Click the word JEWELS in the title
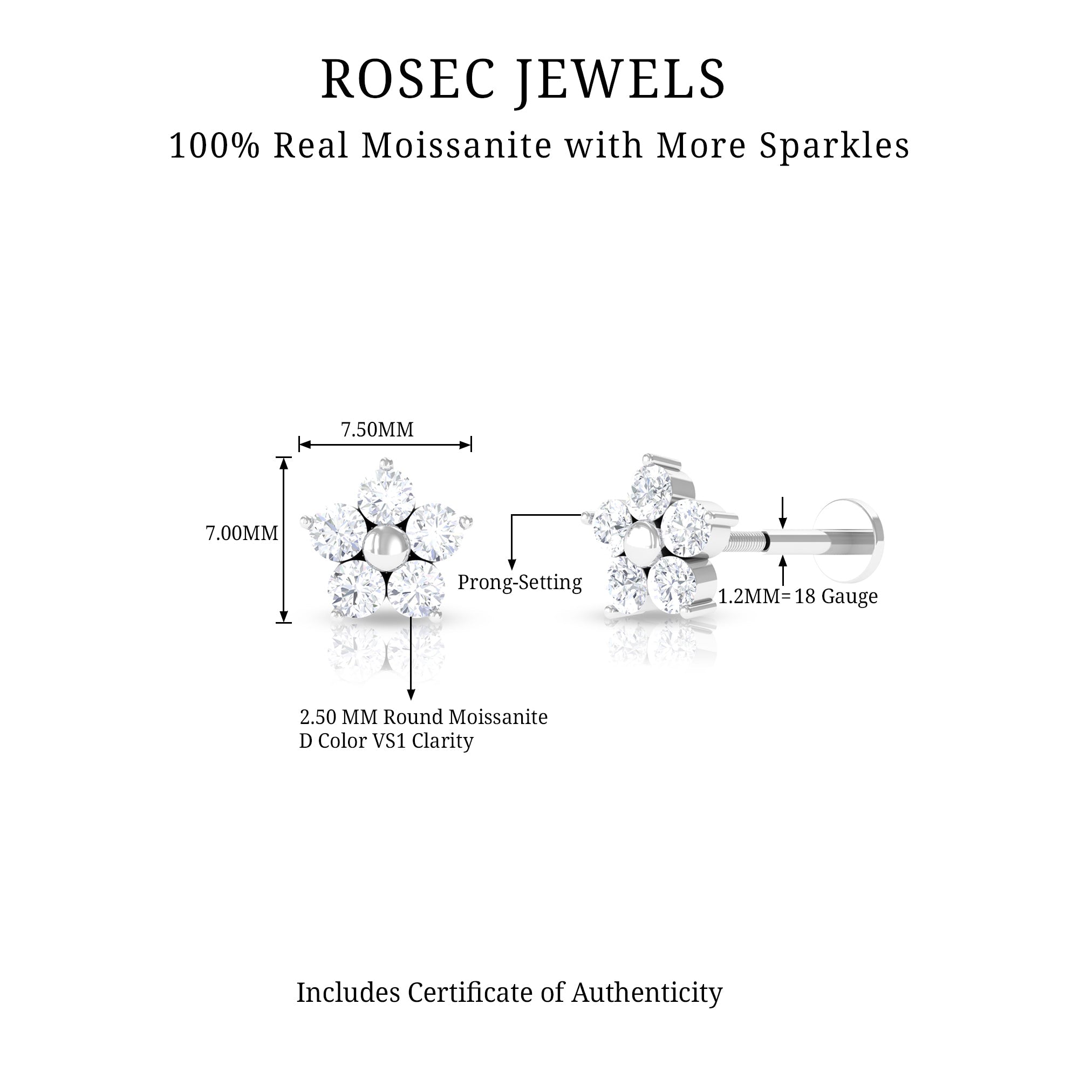click(x=620, y=79)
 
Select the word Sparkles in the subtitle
click(x=835, y=146)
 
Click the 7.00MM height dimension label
click(x=241, y=534)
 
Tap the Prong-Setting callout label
click(x=520, y=583)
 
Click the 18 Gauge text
click(x=836, y=597)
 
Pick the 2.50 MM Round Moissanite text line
click(x=424, y=717)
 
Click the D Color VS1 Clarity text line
click(x=386, y=741)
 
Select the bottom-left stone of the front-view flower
click(x=355, y=588)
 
